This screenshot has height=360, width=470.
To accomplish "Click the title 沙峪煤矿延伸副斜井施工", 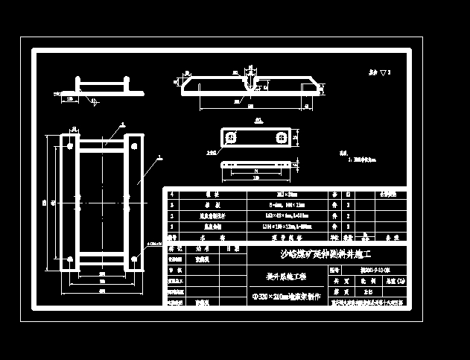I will (x=325, y=254).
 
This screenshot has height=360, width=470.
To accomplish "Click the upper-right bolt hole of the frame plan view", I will (x=134, y=141).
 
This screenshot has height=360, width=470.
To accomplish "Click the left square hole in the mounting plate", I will (x=232, y=138).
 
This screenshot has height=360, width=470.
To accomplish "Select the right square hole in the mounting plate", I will (x=282, y=138).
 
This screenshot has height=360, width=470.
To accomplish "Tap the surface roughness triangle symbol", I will (x=382, y=73).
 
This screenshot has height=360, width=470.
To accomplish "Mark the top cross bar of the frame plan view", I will (x=101, y=142).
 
